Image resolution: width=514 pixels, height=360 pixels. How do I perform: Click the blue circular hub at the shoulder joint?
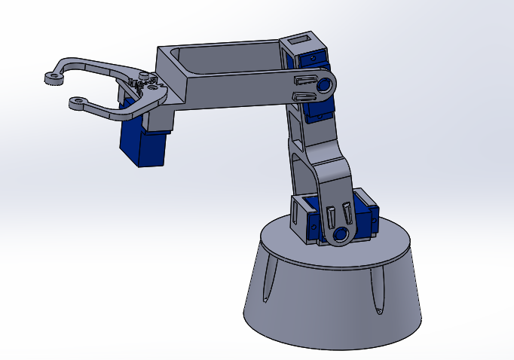(339, 234)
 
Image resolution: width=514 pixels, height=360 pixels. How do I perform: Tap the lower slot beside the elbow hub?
(304, 96)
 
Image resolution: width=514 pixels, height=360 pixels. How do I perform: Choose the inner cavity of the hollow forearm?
(226, 56)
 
